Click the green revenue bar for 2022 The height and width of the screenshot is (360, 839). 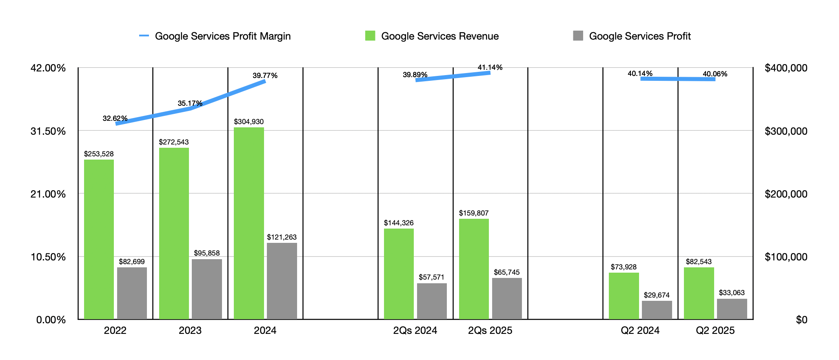coord(99,239)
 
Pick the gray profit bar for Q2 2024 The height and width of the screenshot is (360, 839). coord(657,310)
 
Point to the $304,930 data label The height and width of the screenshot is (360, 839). coord(249,122)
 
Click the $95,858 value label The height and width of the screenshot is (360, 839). coord(206,253)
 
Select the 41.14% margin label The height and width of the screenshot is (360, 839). coord(490,67)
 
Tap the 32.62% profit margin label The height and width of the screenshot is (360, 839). coord(115,118)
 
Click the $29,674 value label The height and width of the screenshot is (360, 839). coord(656,295)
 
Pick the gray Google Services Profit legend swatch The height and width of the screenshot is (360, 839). coord(578,36)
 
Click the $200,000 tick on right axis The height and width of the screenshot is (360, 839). coord(786,194)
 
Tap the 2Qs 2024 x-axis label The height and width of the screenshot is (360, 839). coord(415,331)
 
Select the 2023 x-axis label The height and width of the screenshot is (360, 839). coord(190,331)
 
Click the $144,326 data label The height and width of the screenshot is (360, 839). coord(398,223)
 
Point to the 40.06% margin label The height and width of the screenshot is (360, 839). coord(715,74)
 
